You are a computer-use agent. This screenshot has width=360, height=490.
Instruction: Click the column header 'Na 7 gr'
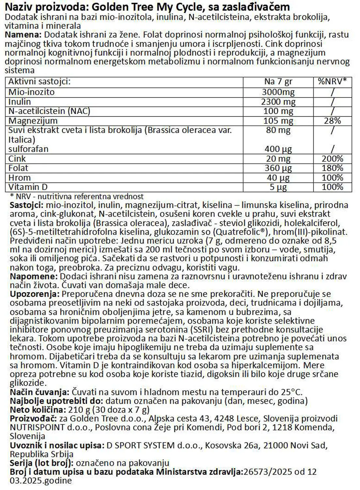(x=278, y=82)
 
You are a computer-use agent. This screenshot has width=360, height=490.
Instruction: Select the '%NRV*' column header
(x=332, y=82)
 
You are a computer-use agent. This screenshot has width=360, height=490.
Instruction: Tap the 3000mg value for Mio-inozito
(x=278, y=92)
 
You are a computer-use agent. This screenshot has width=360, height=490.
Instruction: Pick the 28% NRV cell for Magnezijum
(x=332, y=121)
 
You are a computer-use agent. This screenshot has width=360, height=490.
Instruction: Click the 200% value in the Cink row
(x=332, y=159)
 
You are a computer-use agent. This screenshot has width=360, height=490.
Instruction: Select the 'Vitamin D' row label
(x=28, y=187)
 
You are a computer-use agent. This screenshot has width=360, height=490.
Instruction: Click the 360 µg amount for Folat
(x=278, y=169)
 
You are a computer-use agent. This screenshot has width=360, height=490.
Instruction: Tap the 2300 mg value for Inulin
(x=278, y=102)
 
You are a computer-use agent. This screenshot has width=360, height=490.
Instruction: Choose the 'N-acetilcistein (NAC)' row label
(x=49, y=111)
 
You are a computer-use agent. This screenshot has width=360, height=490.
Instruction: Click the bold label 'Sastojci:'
(x=27, y=205)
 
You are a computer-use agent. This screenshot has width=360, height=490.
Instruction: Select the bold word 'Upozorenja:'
(x=35, y=294)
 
